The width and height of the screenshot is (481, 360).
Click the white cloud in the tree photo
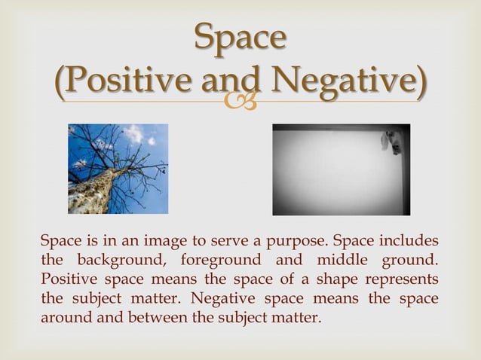tap(136, 136)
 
